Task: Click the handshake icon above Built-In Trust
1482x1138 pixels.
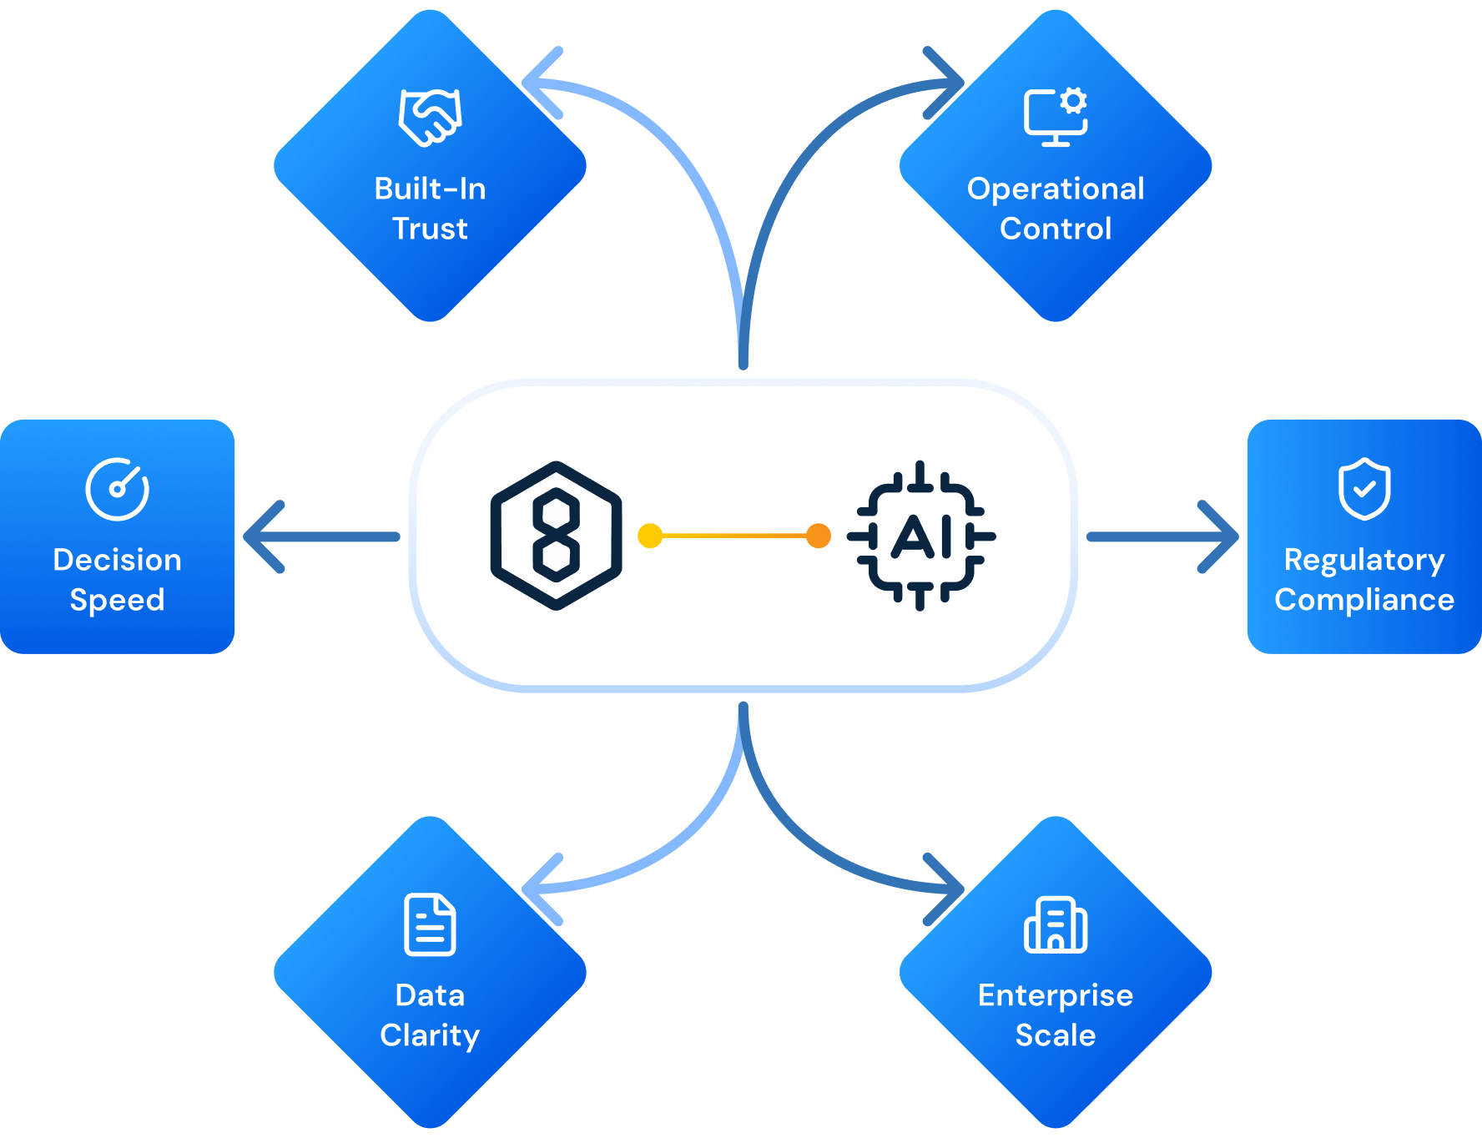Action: (431, 118)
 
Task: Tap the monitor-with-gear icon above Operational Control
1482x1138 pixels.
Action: (1056, 117)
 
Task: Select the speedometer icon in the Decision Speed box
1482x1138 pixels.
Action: (118, 489)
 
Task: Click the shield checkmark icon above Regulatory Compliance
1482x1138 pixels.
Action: (1364, 489)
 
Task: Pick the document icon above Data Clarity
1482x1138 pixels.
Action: (430, 924)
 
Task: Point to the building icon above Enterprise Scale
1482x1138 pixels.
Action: (1056, 924)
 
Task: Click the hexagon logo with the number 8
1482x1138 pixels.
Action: (557, 536)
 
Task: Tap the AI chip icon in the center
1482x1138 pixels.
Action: (920, 536)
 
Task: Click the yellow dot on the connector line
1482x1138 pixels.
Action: (650, 536)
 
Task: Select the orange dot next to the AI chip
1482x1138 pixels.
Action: (819, 536)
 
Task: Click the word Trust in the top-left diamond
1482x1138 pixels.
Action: (430, 229)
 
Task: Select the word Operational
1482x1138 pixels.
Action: (1056, 189)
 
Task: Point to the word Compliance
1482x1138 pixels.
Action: (1364, 600)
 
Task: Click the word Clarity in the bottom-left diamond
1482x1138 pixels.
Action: (430, 1035)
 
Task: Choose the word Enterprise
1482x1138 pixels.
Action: (1056, 995)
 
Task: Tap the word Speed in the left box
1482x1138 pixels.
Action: (117, 600)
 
